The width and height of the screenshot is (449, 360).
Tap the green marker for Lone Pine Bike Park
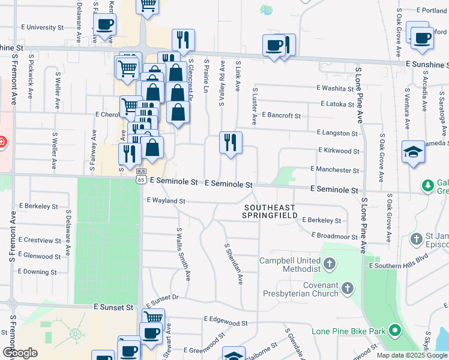coord(395,330)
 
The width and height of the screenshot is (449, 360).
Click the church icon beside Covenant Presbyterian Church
coord(348,289)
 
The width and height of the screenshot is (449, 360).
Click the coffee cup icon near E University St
coord(105,25)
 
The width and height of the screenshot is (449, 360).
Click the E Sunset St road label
coord(113,307)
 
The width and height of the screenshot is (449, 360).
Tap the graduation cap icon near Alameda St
coord(414,152)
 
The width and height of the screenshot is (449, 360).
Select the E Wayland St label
coord(165,200)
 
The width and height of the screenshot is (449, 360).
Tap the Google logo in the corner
coord(20,352)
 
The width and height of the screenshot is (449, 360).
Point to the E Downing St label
coord(38,272)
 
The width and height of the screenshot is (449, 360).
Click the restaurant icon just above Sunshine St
coord(183,40)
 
